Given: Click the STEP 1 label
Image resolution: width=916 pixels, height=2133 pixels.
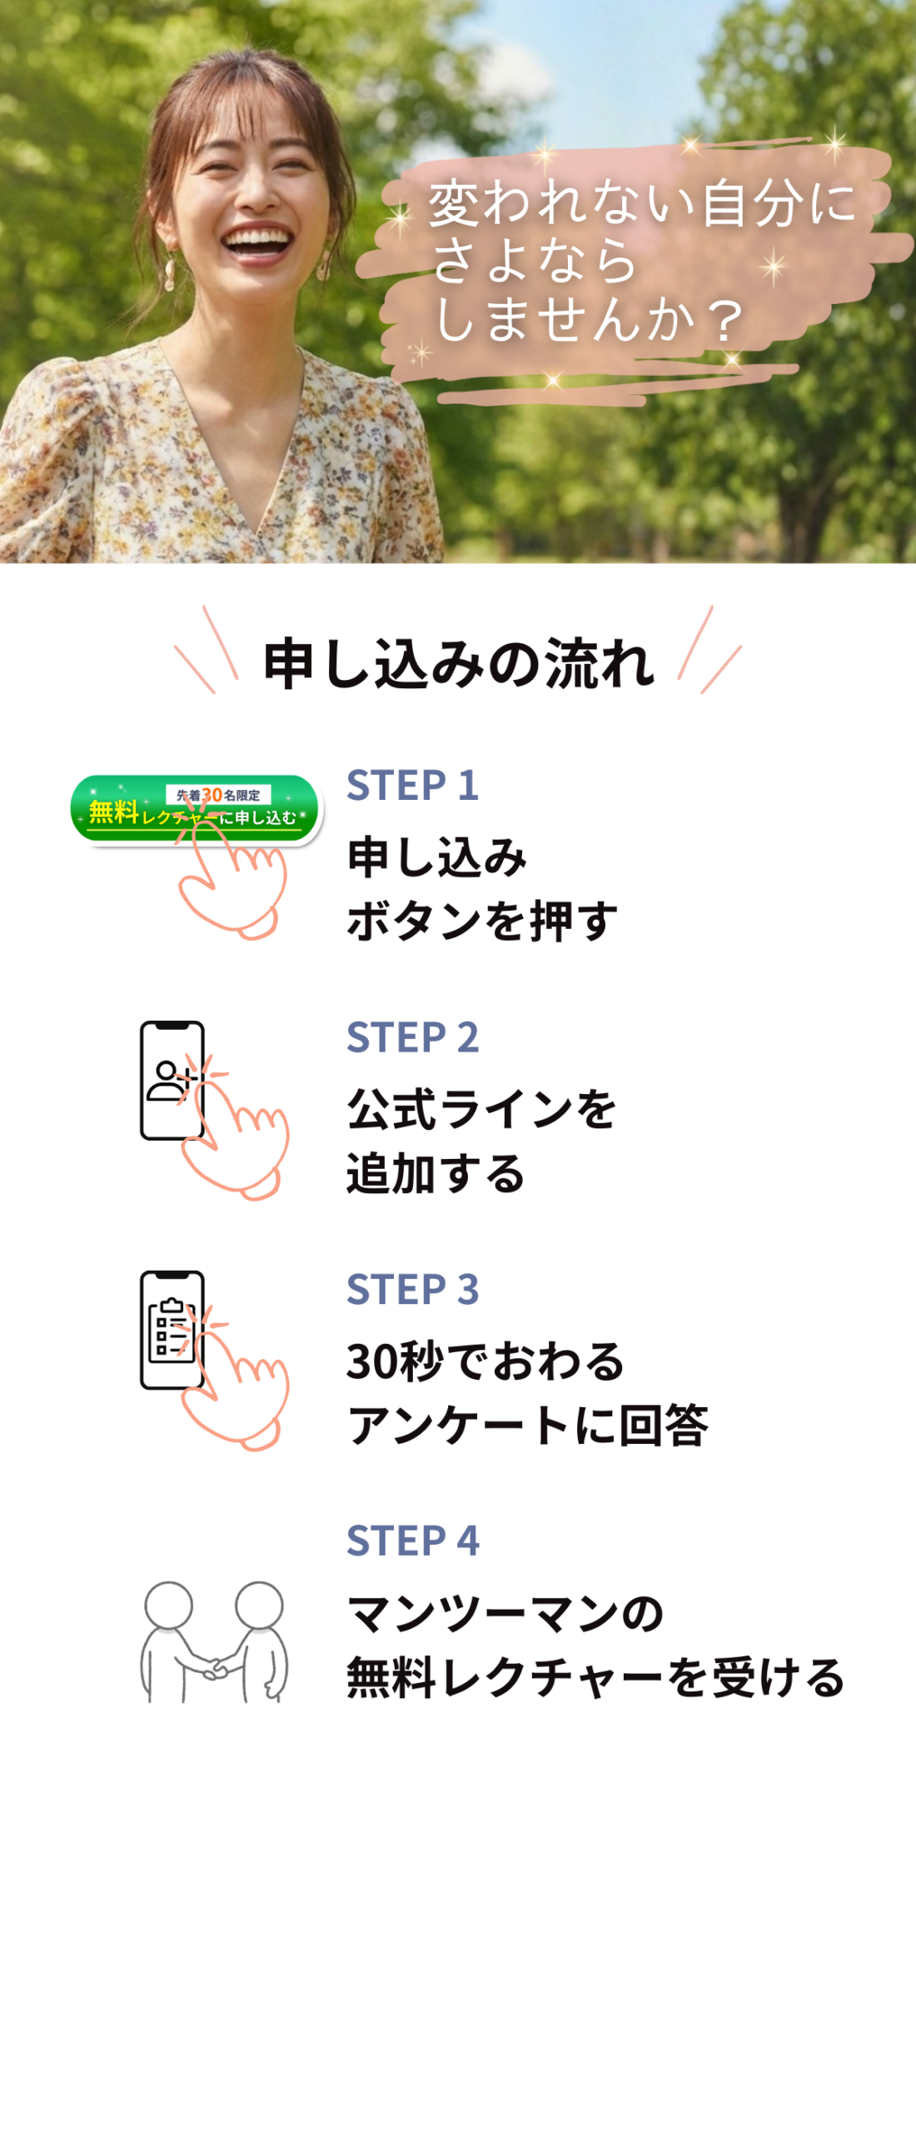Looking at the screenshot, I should pyautogui.click(x=412, y=786).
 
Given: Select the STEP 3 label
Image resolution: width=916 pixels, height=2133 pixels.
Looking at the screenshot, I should pyautogui.click(x=412, y=1290).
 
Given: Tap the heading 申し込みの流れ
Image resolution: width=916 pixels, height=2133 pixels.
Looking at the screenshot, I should pyautogui.click(x=458, y=664).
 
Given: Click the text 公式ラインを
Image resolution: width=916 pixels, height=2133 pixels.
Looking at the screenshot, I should pyautogui.click(x=481, y=1110).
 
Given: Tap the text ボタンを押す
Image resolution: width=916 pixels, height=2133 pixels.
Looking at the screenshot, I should pyautogui.click(x=481, y=922).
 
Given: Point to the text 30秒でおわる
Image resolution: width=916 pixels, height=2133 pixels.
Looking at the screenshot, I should pyautogui.click(x=485, y=1362).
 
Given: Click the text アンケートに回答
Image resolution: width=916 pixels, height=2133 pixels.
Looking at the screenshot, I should pyautogui.click(x=527, y=1426).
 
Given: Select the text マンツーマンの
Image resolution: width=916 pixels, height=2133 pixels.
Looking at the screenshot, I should pyautogui.click(x=505, y=1614).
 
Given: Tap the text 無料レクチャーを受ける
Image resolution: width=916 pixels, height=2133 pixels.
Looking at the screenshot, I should pyautogui.click(x=595, y=1677).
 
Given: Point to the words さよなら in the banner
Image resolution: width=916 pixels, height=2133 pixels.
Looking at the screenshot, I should pyautogui.click(x=534, y=260).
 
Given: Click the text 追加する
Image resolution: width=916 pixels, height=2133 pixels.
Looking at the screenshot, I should pyautogui.click(x=436, y=1174).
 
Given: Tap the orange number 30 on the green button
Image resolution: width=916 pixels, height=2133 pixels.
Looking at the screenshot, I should pyautogui.click(x=212, y=795).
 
